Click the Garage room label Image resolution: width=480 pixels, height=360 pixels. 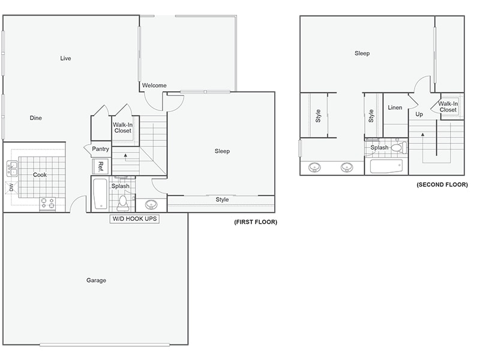click(96, 280)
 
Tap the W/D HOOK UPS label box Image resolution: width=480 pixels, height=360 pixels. click(134, 219)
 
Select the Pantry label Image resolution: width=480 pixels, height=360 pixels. click(101, 149)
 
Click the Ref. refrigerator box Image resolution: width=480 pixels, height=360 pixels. click(101, 166)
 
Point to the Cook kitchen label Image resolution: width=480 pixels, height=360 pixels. click(40, 175)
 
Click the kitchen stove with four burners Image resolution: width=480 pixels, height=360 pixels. click(47, 204)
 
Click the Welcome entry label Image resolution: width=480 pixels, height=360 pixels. click(154, 85)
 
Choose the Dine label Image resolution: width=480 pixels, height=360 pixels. click(36, 118)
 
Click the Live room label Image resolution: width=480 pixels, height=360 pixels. click(65, 58)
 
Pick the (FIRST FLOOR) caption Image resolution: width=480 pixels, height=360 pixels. click(256, 222)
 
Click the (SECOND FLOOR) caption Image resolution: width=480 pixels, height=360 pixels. click(442, 185)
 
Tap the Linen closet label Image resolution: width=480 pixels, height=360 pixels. click(395, 108)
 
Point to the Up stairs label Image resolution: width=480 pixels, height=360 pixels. click(419, 114)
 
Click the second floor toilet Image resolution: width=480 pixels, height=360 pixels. click(397, 147)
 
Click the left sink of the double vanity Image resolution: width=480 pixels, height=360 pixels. click(314, 167)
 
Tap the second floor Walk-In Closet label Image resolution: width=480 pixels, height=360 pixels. click(448, 107)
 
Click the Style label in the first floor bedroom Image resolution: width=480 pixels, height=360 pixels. click(222, 199)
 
